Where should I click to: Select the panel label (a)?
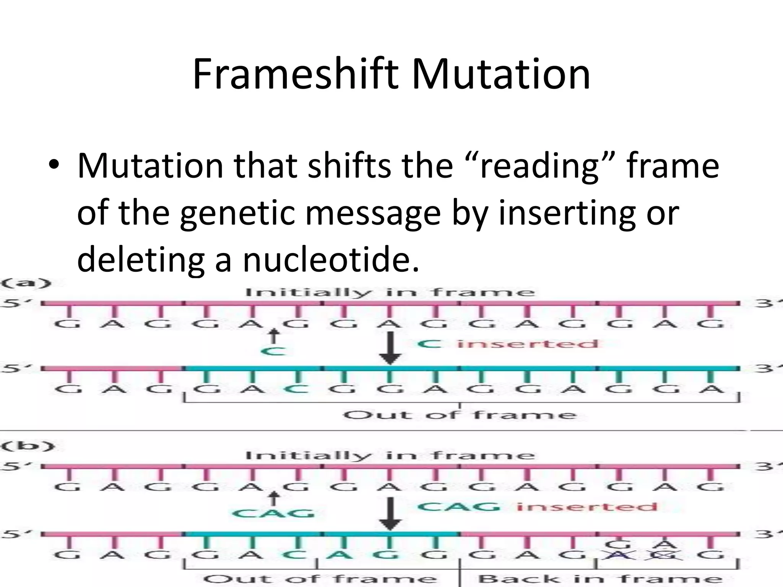coord(26,284)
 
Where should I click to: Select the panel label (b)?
coord(28,446)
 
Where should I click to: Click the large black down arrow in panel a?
coord(390,348)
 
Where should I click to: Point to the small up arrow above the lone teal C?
coord(273,337)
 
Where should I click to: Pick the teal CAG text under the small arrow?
coord(273,513)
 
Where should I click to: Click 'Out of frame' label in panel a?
coord(459,415)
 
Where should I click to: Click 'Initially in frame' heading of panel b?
coord(390,456)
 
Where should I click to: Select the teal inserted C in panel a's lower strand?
coord(295,389)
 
